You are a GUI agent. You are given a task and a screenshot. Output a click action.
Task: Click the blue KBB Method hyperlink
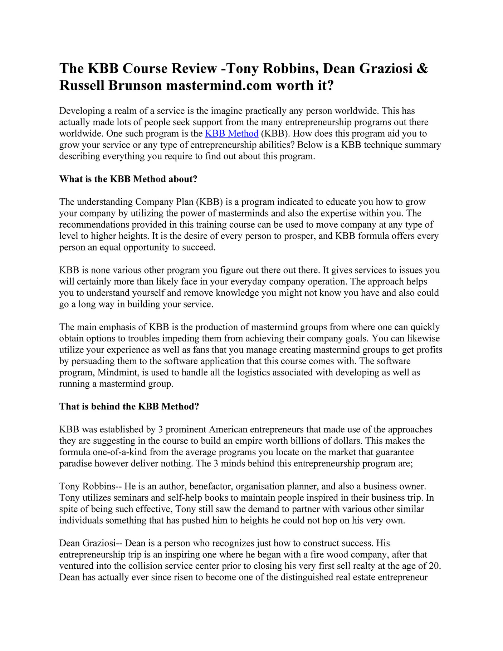tap(231, 134)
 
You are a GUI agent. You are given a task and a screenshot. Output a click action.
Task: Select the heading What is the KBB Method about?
tap(128, 179)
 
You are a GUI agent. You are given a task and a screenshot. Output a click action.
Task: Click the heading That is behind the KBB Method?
tap(129, 407)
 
